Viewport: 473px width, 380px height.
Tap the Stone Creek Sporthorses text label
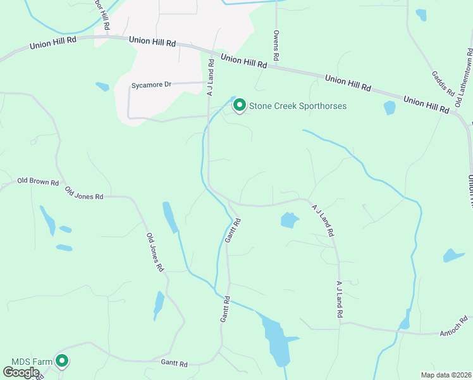point(297,106)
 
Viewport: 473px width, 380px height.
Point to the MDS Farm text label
point(32,362)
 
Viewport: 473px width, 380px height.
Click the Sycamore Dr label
point(151,84)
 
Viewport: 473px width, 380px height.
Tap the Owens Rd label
point(276,46)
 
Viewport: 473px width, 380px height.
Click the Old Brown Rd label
point(38,182)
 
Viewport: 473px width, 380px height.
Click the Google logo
point(21,372)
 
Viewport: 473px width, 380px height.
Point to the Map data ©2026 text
point(446,375)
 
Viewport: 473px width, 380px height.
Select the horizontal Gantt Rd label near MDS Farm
point(175,364)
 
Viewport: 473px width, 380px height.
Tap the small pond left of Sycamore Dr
point(102,87)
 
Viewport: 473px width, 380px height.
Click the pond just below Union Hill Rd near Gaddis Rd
point(390,108)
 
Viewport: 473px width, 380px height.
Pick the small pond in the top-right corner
point(421,14)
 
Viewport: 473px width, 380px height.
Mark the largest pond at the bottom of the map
point(274,339)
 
